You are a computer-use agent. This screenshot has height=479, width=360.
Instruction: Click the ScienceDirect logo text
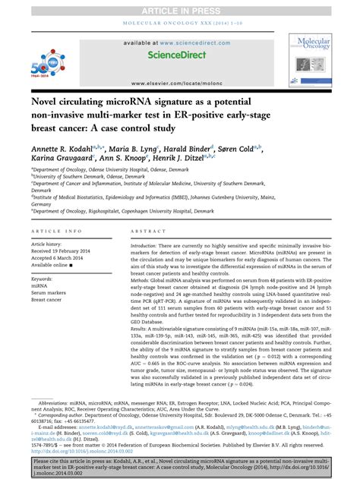(x=179, y=55)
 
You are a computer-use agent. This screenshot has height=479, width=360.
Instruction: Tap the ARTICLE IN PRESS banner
(x=180, y=7)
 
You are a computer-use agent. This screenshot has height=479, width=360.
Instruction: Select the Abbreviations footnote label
(x=58, y=402)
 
